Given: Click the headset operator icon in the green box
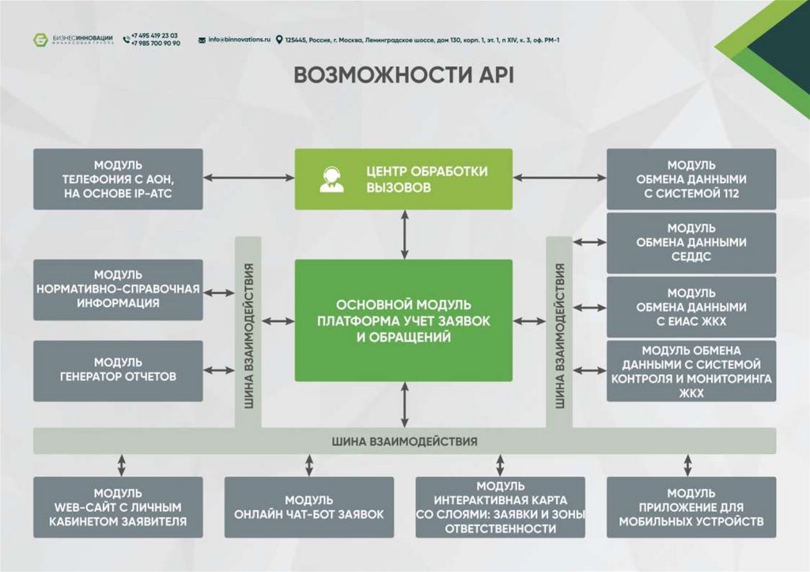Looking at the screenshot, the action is click(331, 180).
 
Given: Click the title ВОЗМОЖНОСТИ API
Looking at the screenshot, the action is click(404, 75).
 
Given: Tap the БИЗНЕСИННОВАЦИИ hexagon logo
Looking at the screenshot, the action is click(40, 40).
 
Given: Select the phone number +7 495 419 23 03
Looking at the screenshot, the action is click(154, 36).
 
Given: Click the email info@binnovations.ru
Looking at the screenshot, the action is click(239, 40).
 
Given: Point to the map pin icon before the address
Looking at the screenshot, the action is click(279, 40).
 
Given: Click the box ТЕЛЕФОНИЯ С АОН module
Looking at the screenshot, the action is click(119, 180).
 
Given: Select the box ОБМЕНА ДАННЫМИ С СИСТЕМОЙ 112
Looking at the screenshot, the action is click(691, 180).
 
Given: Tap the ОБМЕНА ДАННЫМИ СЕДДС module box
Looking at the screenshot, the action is click(691, 242).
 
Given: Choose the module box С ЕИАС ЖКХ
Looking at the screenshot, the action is click(691, 307).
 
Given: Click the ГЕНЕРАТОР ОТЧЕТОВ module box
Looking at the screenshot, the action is click(119, 370).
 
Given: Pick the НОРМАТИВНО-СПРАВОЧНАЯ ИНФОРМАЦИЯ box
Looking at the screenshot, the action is click(119, 290).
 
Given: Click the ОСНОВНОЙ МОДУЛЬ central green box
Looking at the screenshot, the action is click(403, 320).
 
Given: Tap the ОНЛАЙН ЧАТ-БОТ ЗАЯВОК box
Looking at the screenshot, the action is click(309, 507).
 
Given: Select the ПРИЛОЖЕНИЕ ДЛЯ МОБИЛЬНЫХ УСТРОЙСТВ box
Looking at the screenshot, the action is click(691, 507).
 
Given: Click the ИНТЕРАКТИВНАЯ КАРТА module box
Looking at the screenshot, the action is click(500, 507).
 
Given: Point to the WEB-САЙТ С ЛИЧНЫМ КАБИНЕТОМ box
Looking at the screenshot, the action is click(119, 507).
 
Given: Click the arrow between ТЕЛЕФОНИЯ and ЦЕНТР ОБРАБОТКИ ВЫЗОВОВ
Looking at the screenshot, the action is click(249, 178).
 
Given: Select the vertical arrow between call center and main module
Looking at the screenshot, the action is click(404, 235).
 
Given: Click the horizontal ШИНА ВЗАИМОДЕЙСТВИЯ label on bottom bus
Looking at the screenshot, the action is click(404, 441).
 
